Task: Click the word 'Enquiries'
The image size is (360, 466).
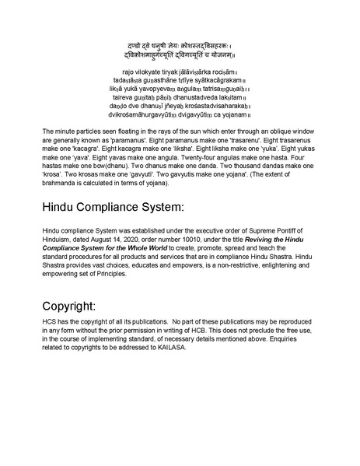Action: pos(303,338)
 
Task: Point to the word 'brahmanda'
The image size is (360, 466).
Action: pos(61,175)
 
